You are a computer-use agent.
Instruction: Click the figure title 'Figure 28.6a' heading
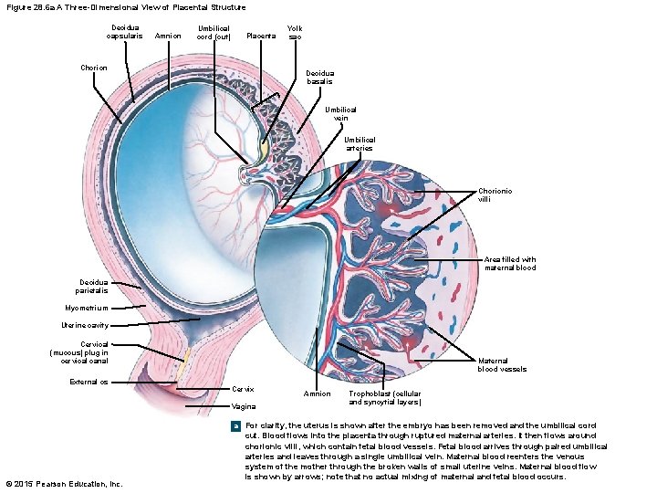click(x=125, y=7)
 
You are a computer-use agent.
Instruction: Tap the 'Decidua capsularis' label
click(x=123, y=32)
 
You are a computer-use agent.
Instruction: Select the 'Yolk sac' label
click(x=294, y=32)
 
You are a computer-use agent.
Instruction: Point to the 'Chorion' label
click(x=94, y=68)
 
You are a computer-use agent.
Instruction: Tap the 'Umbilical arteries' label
click(x=360, y=143)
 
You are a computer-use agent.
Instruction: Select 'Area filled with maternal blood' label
click(x=510, y=263)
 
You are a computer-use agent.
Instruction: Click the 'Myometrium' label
click(x=87, y=308)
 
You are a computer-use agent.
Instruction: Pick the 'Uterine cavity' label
click(x=86, y=325)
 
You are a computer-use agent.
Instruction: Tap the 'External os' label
click(x=89, y=382)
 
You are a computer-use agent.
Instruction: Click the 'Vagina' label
click(x=244, y=406)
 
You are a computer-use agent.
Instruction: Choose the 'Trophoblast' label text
click(x=385, y=398)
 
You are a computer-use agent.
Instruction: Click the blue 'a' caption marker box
click(x=236, y=425)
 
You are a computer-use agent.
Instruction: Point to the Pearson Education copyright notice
click(x=63, y=483)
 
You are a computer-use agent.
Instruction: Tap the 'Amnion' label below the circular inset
click(x=316, y=393)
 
